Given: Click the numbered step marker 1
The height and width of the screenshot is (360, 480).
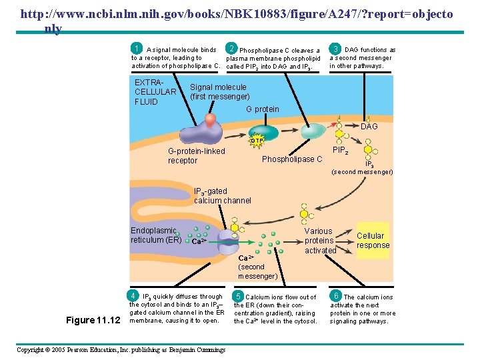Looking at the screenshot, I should pyautogui.click(x=137, y=49).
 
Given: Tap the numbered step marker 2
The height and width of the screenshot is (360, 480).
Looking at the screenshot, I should pyautogui.click(x=231, y=49).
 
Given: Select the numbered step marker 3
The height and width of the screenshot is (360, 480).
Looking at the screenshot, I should pyautogui.click(x=337, y=49).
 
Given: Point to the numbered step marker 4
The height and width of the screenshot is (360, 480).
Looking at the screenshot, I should pyautogui.click(x=134, y=295).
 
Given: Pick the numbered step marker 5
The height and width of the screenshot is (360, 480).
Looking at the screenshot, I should pyautogui.click(x=237, y=296).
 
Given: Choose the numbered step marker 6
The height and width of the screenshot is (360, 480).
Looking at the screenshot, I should pyautogui.click(x=337, y=296).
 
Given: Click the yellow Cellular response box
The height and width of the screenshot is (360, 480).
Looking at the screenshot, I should pyautogui.click(x=373, y=240).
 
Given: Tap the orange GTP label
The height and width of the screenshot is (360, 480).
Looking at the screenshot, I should pyautogui.click(x=257, y=141).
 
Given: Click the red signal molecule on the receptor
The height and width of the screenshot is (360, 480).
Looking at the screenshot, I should pyautogui.click(x=210, y=120).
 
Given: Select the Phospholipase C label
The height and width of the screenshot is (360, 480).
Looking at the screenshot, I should pyautogui.click(x=292, y=159).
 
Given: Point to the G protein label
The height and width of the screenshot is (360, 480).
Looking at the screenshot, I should pyautogui.click(x=263, y=109).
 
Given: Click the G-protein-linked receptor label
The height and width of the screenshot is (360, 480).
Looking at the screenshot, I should pyautogui.click(x=196, y=156).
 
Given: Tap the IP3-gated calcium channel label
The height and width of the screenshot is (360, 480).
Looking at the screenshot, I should pyautogui.click(x=223, y=196).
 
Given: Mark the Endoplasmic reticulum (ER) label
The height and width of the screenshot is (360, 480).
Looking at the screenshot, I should pyautogui.click(x=155, y=235).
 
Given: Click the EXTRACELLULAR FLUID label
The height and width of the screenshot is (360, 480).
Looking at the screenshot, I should pyautogui.click(x=155, y=92).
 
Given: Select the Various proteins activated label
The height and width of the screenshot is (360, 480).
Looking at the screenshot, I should pyautogui.click(x=319, y=241).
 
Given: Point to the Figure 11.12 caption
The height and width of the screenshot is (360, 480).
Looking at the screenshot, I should pyautogui.click(x=93, y=320).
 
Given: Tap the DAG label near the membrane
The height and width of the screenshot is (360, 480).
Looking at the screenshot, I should pyautogui.click(x=369, y=127).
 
